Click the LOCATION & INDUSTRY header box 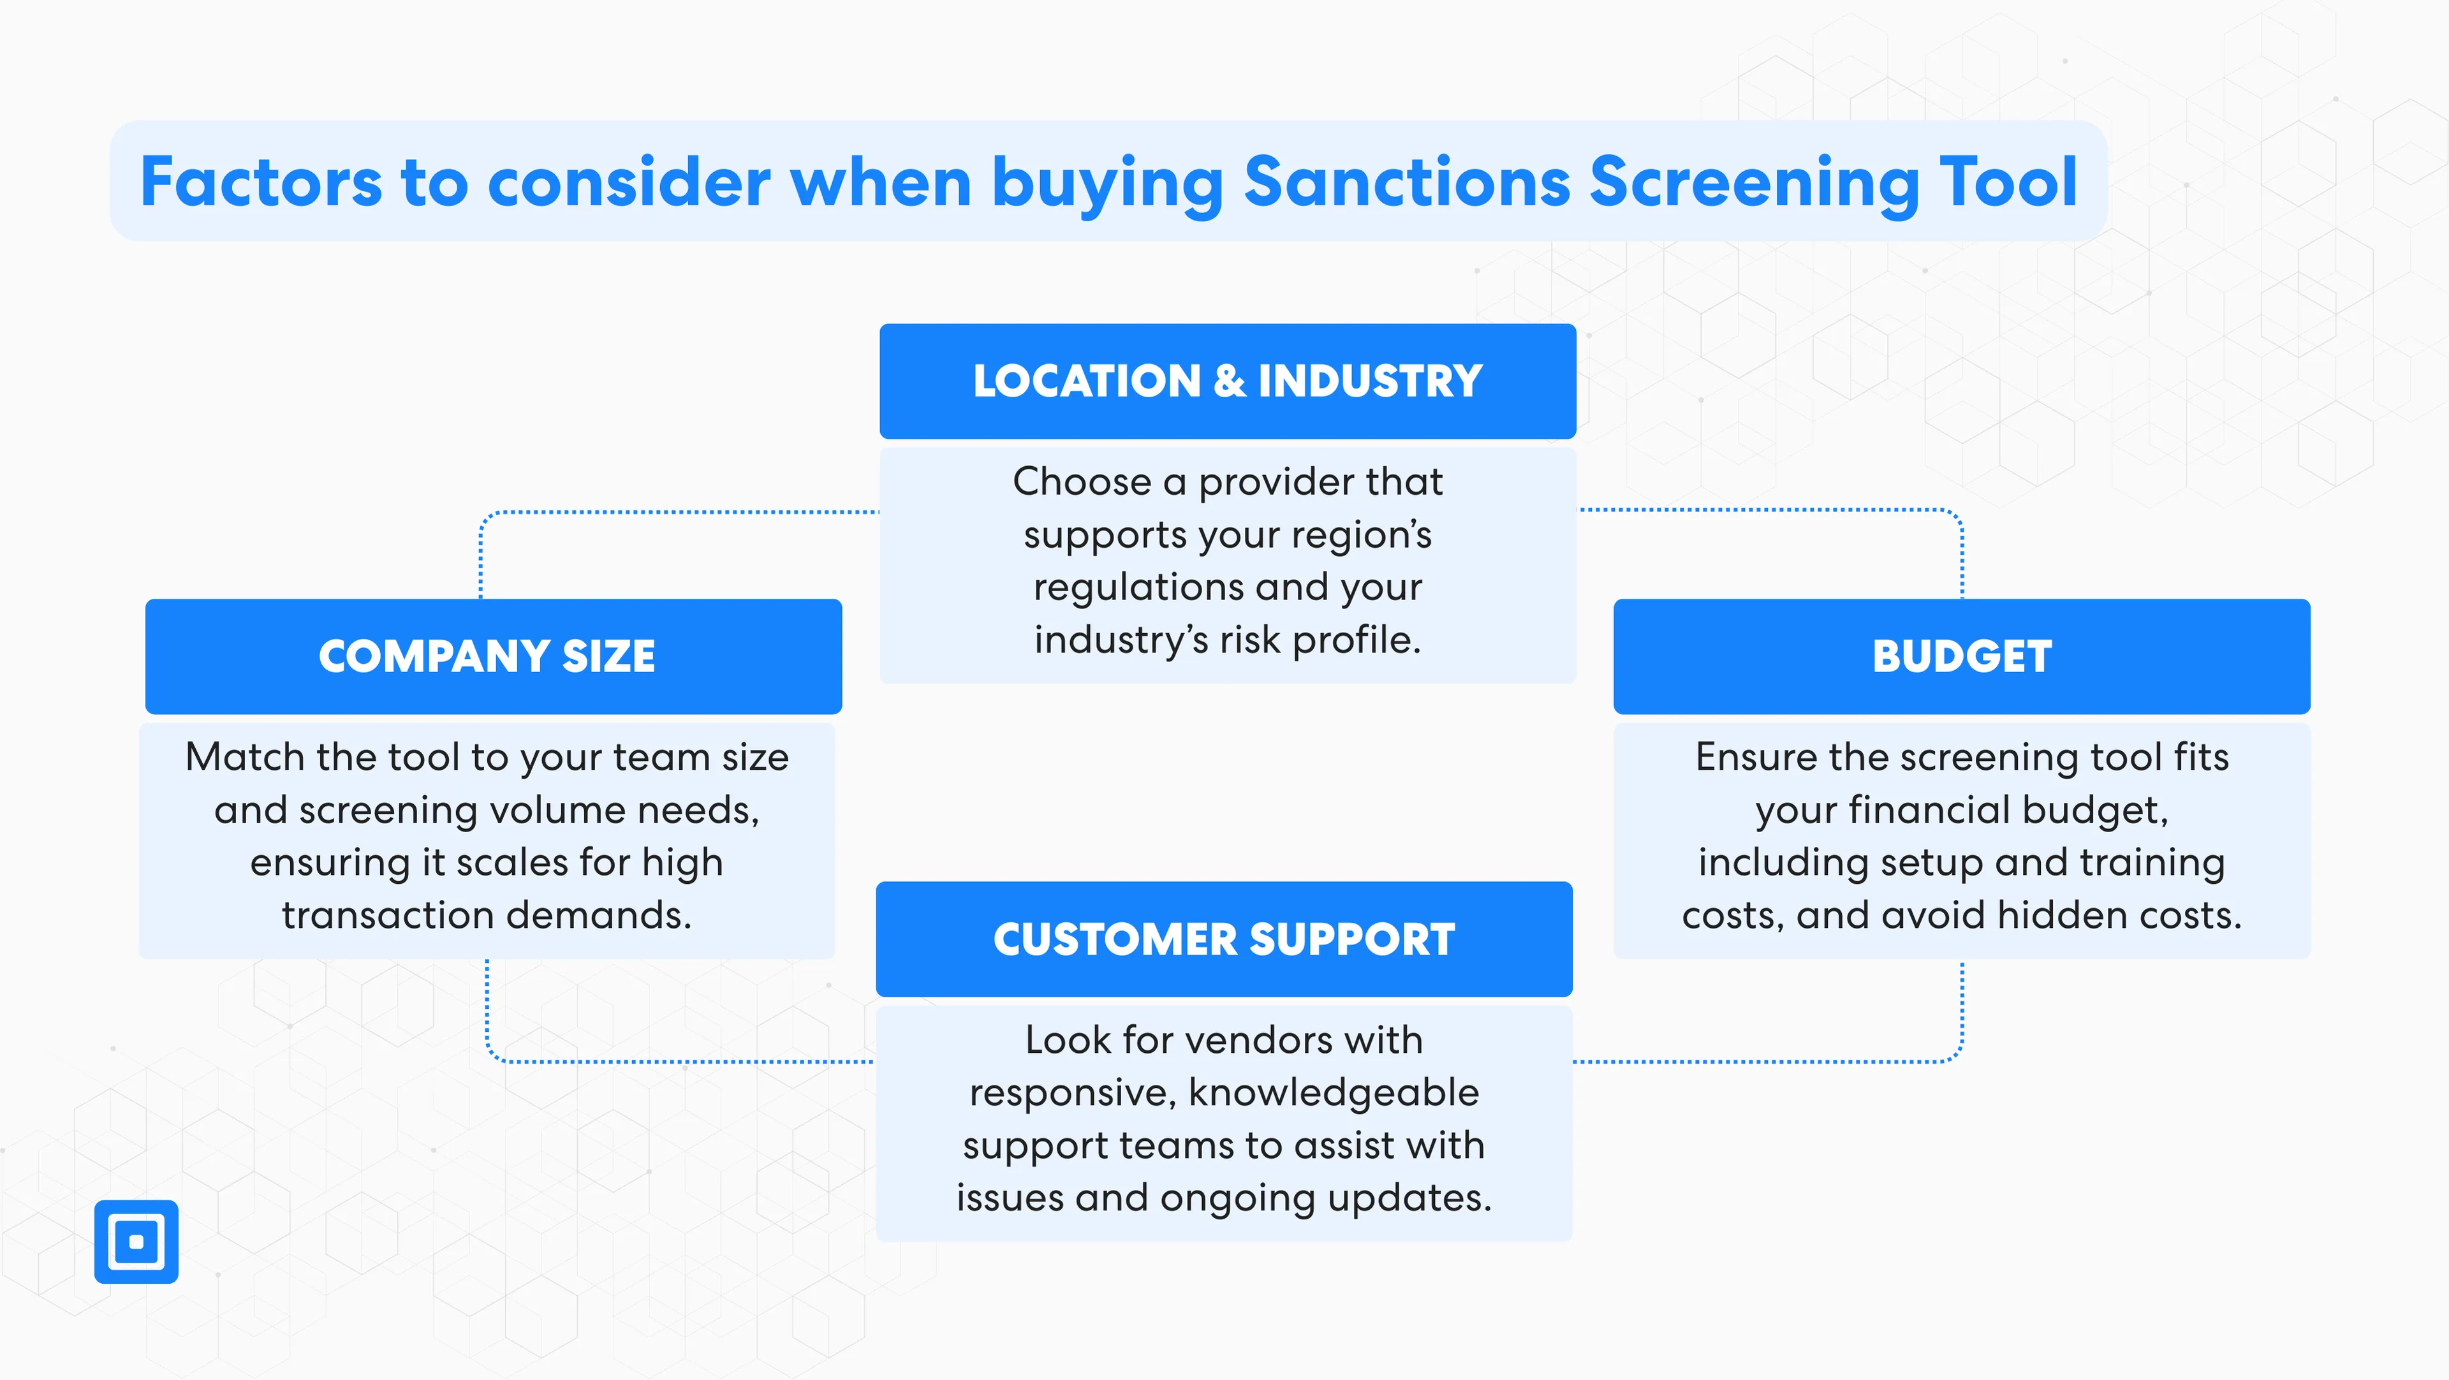point(1227,381)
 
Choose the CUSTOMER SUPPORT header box point(1224,939)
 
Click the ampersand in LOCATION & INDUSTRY point(1229,381)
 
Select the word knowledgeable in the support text point(1334,1093)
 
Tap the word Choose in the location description point(1081,482)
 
